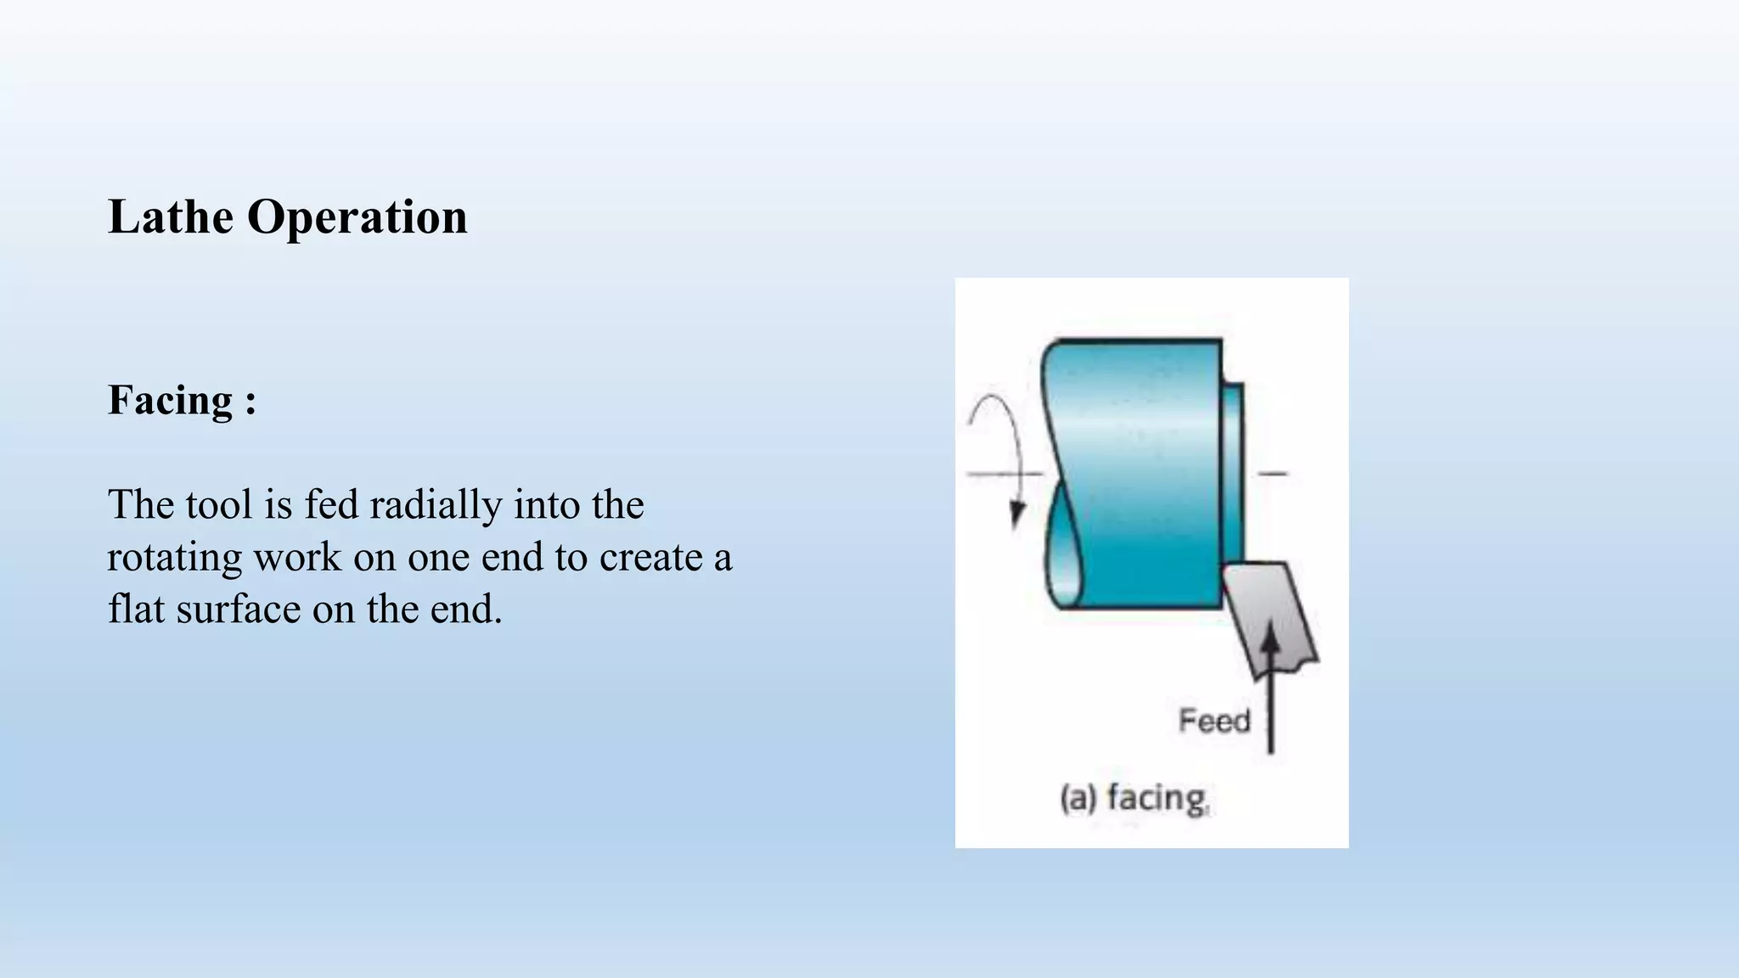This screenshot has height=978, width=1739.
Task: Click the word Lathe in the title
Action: [x=171, y=217]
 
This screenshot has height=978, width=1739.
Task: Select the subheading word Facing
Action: [x=170, y=401]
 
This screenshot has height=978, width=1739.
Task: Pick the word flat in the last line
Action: [x=136, y=610]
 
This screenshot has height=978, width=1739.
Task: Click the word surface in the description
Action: [x=239, y=610]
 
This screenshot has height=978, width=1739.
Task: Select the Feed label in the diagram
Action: [x=1214, y=722]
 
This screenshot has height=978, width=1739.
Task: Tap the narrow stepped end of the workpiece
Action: [x=1233, y=471]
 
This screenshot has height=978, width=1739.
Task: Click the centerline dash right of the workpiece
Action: [x=1272, y=473]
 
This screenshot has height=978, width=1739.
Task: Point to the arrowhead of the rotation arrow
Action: [x=1016, y=514]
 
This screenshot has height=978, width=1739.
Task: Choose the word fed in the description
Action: [x=331, y=505]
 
